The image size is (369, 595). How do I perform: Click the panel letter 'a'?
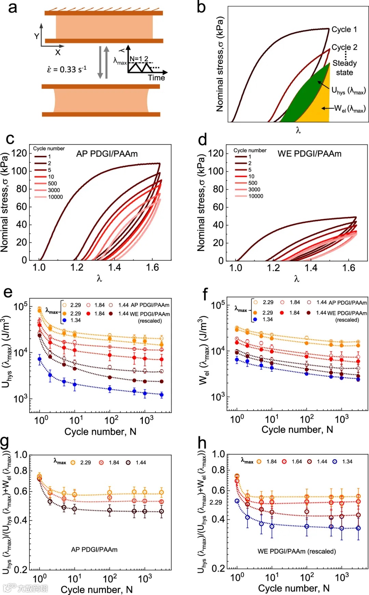12,8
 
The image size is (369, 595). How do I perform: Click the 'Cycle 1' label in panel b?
344,29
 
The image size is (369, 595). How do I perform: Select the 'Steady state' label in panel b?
344,68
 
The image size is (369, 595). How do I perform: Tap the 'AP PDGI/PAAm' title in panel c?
107,154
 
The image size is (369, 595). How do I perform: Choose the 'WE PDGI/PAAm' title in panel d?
309,154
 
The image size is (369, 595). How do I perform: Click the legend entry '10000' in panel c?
55,197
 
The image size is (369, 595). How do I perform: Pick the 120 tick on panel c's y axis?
19,153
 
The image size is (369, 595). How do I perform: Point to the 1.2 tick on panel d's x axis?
273,268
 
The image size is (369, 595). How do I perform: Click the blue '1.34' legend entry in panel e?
76,320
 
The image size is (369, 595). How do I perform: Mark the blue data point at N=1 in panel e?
40,359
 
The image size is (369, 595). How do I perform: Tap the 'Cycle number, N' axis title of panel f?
297,429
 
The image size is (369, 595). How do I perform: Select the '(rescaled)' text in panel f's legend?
347,320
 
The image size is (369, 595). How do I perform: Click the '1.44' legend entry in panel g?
140,463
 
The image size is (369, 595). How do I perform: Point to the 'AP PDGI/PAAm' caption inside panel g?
94,550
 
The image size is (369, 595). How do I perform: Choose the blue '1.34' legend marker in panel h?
335,462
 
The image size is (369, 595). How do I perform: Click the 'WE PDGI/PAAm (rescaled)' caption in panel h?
297,551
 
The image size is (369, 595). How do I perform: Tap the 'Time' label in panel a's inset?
156,78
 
